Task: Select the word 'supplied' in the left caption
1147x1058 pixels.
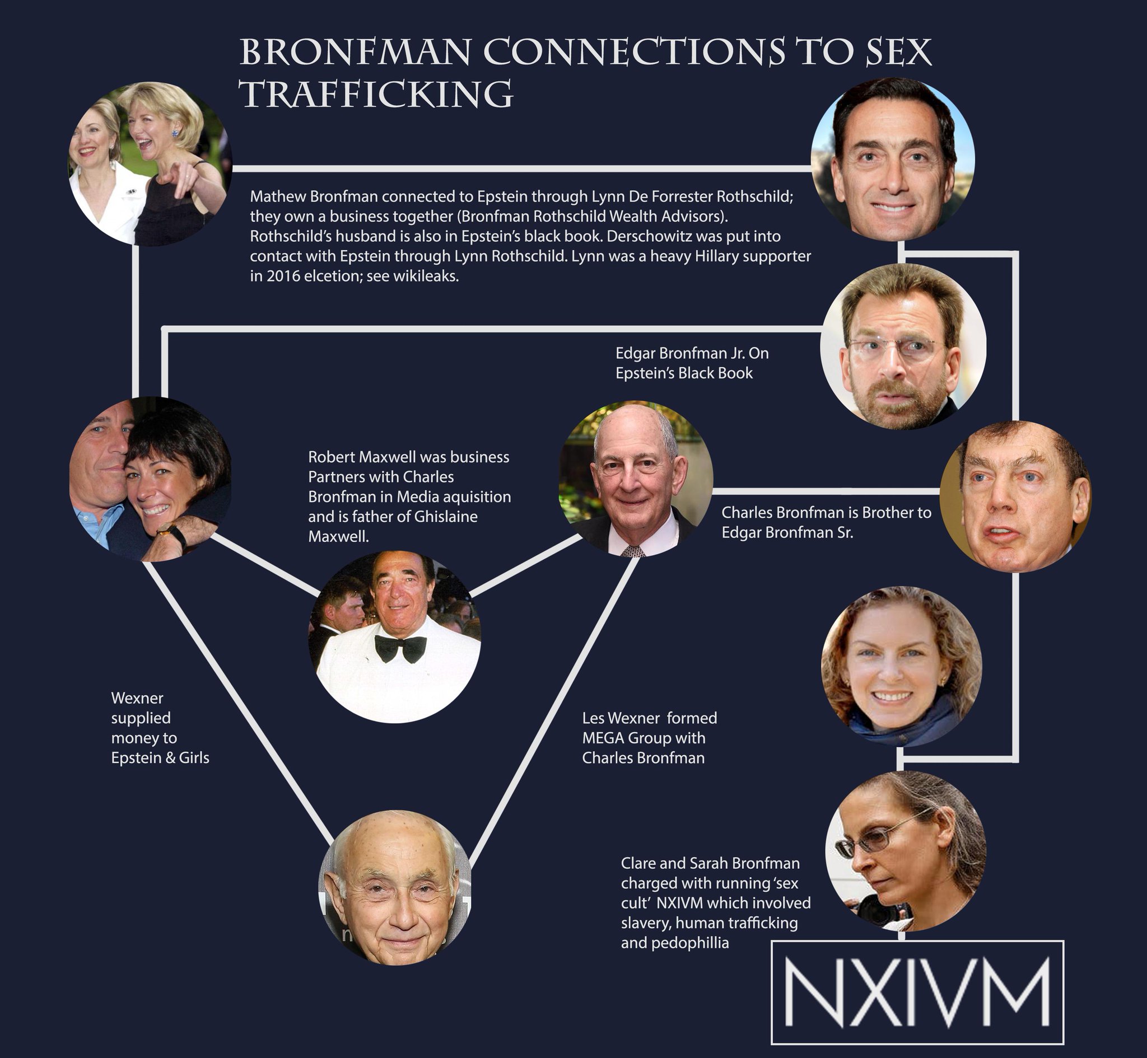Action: [x=141, y=718]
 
